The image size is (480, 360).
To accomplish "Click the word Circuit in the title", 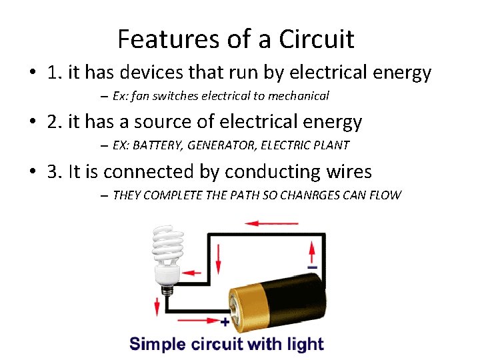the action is (317, 39).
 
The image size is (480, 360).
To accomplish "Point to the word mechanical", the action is (299, 96).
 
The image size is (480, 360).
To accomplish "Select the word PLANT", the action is (331, 145).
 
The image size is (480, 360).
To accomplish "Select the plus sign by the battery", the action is (225, 322).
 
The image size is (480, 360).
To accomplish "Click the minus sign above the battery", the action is (312, 267).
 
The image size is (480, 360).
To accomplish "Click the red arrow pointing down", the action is (157, 307).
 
